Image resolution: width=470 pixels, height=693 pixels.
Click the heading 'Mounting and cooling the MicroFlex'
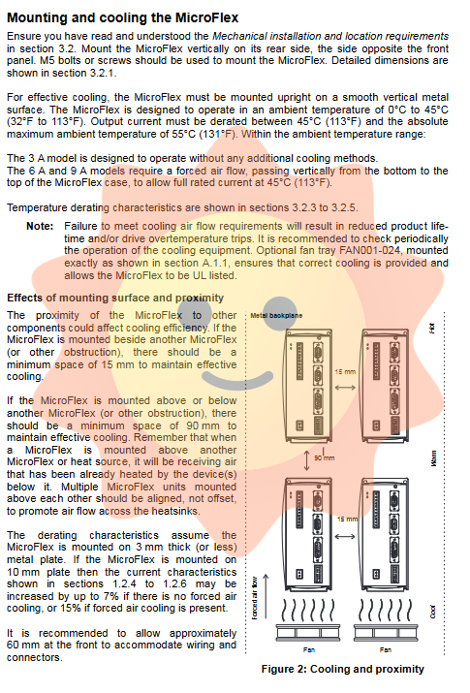pos(123,17)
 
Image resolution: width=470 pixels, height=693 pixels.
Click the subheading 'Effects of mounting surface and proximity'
pos(115,298)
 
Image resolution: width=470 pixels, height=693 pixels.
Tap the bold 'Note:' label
pos(40,226)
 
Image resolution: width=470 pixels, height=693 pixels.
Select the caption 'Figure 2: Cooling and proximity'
pos(342,669)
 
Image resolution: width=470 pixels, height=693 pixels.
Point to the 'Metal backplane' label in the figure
pos(276,316)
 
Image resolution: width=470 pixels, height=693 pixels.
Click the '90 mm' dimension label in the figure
pos(325,457)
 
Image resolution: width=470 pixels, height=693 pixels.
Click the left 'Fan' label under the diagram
pos(309,649)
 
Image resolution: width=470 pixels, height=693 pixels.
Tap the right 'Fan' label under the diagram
pos(385,649)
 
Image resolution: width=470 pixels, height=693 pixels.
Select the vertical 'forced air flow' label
pos(255,598)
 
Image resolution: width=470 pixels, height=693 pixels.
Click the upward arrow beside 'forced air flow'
pos(266,596)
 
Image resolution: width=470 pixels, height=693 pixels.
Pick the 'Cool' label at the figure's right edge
pos(433,612)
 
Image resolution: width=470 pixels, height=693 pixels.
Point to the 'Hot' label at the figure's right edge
pos(432,328)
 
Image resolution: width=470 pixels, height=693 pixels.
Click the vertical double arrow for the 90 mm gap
pos(306,460)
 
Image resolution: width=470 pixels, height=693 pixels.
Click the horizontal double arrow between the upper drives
pos(345,388)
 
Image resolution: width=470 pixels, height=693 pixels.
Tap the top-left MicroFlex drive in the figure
pos(309,386)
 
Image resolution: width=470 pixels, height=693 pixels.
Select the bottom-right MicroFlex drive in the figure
pos(385,535)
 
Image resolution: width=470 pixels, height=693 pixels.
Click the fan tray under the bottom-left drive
pos(309,632)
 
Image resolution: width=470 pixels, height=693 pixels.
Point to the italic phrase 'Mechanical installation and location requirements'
pos(330,36)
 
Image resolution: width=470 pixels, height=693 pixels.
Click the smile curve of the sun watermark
pos(237,380)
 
